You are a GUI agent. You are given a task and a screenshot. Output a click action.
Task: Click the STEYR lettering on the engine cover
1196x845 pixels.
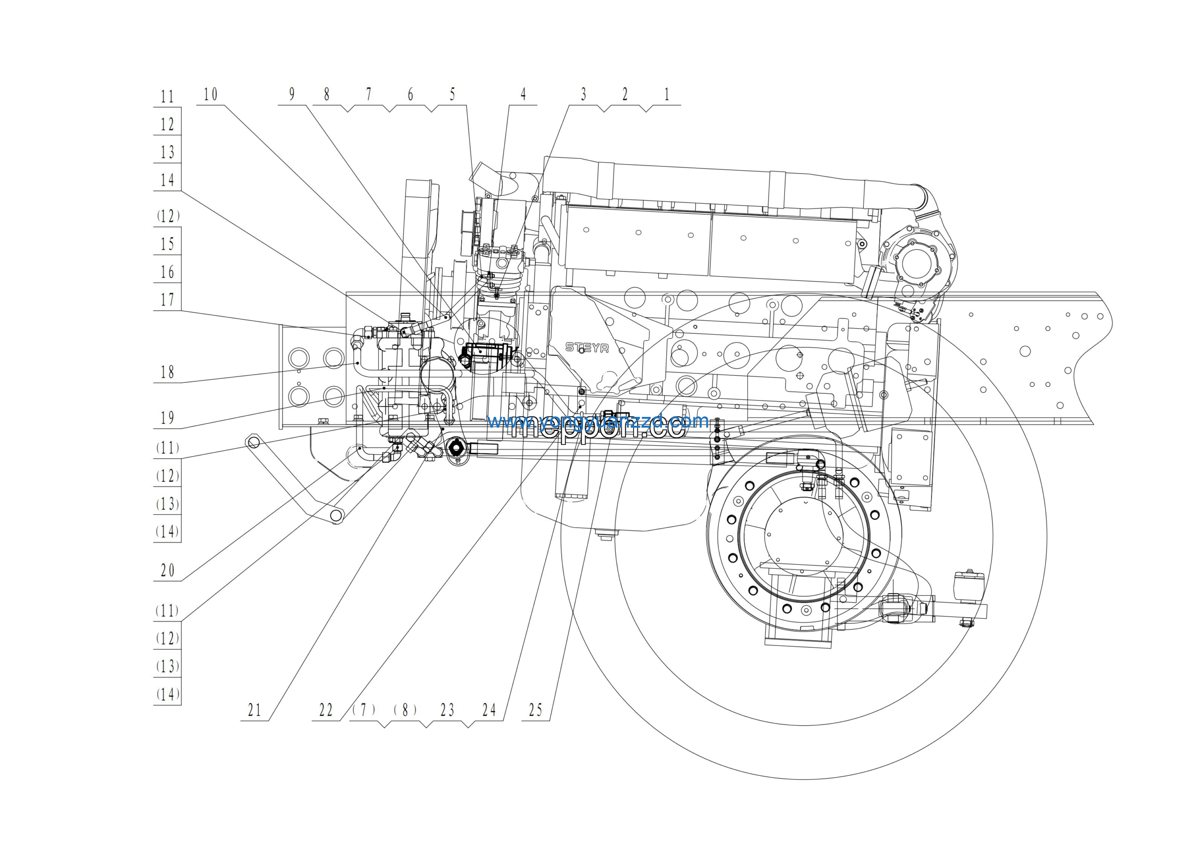586,347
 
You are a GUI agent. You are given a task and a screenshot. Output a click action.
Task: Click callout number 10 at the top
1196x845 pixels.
210,95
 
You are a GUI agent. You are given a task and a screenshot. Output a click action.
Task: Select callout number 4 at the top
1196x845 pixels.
523,95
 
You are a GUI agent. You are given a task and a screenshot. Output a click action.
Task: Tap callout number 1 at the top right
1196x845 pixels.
666,95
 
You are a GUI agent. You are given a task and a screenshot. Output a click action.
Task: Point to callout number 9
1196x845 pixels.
292,95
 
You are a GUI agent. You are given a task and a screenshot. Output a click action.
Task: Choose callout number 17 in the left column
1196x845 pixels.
167,300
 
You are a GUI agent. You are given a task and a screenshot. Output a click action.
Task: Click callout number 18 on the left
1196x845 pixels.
167,372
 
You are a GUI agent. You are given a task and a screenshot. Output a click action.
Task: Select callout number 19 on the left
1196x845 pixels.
167,418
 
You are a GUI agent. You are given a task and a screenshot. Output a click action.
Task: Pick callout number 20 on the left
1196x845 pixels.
167,571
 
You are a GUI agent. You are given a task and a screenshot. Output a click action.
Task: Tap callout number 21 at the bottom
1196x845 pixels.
254,710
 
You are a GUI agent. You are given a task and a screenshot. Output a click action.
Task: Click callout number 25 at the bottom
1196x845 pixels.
535,710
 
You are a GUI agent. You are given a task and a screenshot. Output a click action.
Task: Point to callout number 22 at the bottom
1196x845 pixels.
326,710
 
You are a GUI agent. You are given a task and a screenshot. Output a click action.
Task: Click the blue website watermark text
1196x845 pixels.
598,421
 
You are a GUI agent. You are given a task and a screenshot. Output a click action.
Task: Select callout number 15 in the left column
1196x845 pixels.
167,244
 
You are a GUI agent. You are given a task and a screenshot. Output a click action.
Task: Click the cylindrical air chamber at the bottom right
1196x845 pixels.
968,587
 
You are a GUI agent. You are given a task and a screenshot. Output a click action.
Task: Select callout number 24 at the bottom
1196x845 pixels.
489,710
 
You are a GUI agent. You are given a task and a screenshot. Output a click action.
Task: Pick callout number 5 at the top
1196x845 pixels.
452,95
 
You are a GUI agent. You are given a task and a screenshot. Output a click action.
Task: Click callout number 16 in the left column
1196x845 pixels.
167,272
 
